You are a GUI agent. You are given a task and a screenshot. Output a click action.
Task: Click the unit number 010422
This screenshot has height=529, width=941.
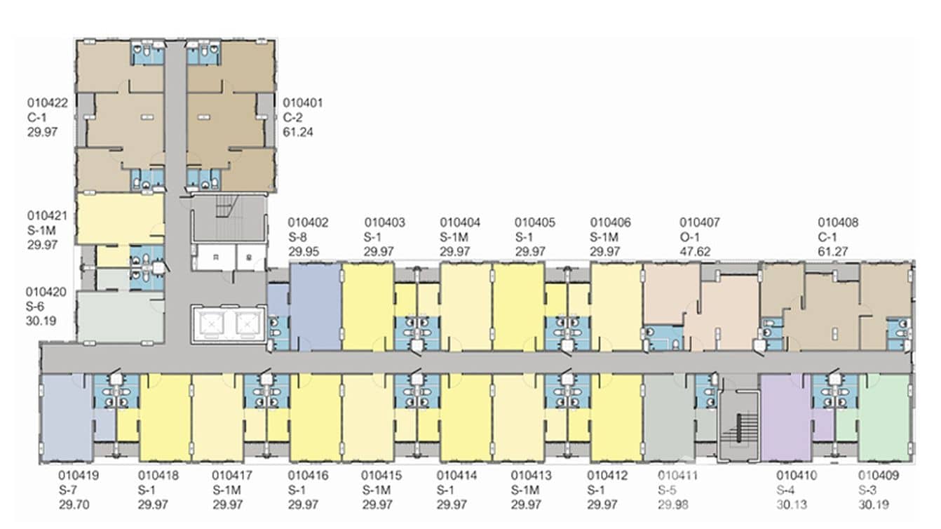click(x=48, y=103)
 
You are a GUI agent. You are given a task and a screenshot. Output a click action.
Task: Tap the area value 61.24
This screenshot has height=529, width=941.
click(x=298, y=133)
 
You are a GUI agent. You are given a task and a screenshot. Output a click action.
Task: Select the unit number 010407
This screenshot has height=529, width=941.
click(x=700, y=222)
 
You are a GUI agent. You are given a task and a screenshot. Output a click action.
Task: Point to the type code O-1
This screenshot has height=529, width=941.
click(x=689, y=237)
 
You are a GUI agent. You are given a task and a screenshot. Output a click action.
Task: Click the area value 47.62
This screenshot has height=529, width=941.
click(x=695, y=252)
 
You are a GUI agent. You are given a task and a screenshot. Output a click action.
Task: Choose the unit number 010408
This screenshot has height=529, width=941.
click(x=838, y=222)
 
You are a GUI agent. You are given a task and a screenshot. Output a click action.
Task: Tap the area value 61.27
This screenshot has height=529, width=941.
click(x=832, y=252)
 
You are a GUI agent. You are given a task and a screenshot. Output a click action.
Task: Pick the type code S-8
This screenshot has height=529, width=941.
click(x=297, y=237)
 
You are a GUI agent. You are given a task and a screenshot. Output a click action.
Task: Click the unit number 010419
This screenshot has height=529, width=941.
click(x=79, y=476)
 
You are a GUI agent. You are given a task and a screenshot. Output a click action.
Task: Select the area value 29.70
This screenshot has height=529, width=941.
click(x=74, y=504)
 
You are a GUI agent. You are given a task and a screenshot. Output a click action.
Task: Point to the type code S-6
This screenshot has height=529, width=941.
click(x=35, y=307)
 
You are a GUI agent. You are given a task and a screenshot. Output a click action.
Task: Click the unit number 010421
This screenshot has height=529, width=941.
click(x=47, y=216)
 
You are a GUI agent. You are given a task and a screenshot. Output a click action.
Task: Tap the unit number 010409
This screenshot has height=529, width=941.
click(x=879, y=476)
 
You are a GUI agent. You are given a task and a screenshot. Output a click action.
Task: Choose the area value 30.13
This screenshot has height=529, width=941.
click(x=792, y=504)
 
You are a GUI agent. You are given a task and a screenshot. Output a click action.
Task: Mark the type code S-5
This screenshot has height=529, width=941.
click(x=667, y=490)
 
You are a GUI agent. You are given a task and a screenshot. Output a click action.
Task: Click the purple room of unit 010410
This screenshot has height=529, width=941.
click(x=786, y=417)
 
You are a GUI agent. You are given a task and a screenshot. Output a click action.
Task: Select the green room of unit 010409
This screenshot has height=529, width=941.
click(x=884, y=417)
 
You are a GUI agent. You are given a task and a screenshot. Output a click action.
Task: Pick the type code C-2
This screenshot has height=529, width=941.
click(x=292, y=118)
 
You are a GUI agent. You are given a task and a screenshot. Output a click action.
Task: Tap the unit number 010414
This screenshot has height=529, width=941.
click(x=456, y=476)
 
